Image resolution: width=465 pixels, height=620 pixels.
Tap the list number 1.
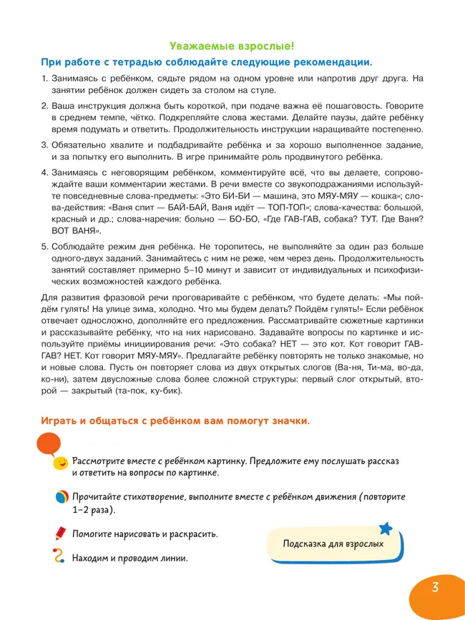click(x=43, y=78)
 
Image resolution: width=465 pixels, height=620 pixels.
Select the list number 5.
click(x=43, y=245)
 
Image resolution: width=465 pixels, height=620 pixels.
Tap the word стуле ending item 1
click(x=263, y=90)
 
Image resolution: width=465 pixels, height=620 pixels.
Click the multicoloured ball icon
click(x=62, y=498)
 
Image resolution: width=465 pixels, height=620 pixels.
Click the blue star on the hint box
click(x=386, y=528)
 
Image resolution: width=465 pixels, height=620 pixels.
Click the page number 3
click(x=436, y=588)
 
